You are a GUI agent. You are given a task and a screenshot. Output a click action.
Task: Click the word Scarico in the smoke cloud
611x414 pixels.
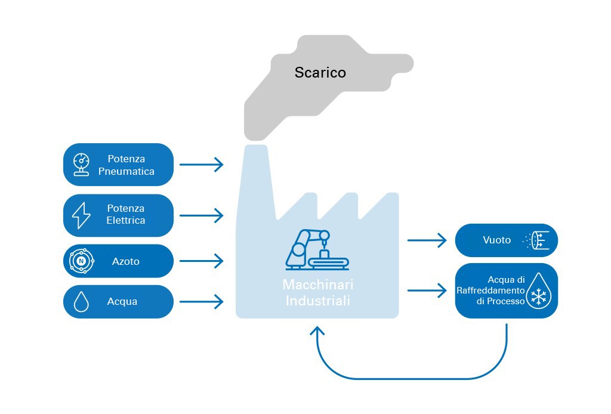(320, 73)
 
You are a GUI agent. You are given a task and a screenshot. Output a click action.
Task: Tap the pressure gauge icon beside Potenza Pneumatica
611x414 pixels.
(81, 165)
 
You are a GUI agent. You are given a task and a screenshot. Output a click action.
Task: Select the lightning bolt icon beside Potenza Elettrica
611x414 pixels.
(81, 215)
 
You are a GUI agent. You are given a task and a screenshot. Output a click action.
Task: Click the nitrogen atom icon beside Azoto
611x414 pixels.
(81, 261)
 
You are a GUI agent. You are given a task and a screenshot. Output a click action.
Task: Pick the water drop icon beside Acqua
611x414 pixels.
(81, 302)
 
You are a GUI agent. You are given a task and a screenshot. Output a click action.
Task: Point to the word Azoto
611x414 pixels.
(125, 261)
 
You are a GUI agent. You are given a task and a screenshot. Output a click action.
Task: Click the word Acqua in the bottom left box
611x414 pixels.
(122, 302)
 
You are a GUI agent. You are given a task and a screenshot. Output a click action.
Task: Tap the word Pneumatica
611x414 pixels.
(126, 171)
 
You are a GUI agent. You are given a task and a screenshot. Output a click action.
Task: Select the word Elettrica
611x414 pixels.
(126, 221)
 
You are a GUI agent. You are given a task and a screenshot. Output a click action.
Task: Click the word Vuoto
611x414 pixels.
(497, 240)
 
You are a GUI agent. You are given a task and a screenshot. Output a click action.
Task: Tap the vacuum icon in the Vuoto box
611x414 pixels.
(539, 240)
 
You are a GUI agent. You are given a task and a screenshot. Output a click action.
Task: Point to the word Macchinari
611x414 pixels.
(317, 285)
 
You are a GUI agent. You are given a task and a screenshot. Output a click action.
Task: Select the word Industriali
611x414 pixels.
(317, 301)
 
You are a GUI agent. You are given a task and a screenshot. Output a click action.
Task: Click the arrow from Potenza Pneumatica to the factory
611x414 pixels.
(201, 165)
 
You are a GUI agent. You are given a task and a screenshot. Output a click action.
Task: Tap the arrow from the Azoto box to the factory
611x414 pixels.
(201, 261)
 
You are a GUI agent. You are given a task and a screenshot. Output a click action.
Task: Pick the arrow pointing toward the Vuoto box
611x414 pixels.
(427, 240)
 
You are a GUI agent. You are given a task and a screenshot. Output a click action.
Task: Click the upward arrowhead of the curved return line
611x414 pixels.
(317, 332)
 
